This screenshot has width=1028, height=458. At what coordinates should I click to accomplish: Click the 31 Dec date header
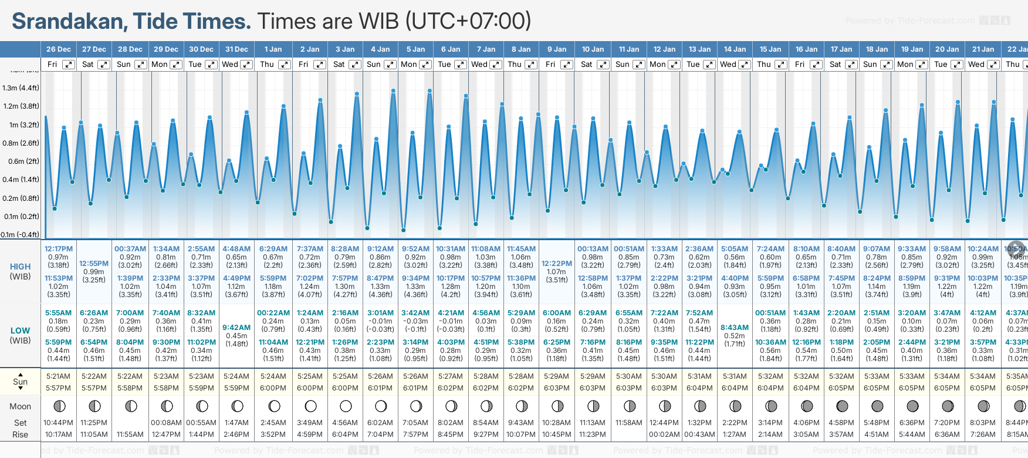[x=236, y=49]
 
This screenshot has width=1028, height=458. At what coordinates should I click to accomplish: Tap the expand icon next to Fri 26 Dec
[x=69, y=65]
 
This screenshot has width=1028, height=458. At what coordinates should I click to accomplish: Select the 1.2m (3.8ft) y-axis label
[x=21, y=106]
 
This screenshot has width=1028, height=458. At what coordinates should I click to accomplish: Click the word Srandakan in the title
[x=67, y=22]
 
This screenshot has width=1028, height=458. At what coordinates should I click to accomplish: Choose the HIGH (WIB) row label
[x=20, y=271]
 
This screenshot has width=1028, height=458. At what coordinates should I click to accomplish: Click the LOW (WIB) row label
[x=20, y=335]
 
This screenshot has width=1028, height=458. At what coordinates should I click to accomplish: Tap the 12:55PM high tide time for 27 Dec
[x=94, y=264]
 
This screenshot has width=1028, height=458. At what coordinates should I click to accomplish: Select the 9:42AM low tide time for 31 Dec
[x=236, y=328]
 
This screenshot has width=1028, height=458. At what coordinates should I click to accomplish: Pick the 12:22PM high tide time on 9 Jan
[x=556, y=264]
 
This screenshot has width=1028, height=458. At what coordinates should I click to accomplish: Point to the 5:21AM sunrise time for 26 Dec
[x=58, y=376]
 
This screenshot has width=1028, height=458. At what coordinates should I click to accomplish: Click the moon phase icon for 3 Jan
[x=346, y=406]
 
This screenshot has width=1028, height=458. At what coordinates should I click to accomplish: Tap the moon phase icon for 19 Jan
[x=912, y=406]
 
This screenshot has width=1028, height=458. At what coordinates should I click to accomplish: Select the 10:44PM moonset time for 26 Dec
[x=58, y=423]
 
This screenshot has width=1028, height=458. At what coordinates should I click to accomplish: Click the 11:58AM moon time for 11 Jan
[x=628, y=423]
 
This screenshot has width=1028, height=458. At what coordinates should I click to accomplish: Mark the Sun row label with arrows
[x=20, y=382]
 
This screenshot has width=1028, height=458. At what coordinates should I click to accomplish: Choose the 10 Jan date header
[x=593, y=49]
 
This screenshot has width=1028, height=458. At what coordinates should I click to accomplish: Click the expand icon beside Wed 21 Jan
[x=993, y=65]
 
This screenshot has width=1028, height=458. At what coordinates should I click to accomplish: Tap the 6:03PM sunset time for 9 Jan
[x=556, y=388]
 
